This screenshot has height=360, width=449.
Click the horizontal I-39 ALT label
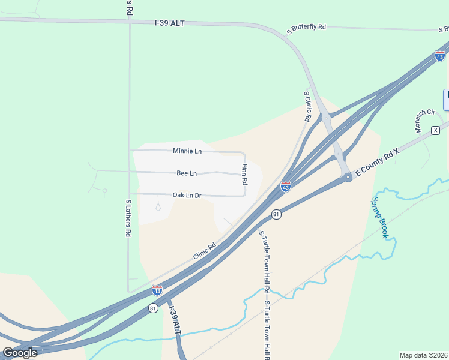[169, 23]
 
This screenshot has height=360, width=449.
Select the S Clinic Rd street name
[307, 106]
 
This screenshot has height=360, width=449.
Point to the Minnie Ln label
[187, 151]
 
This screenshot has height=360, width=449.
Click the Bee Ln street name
[187, 173]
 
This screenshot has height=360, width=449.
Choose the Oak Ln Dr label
[187, 195]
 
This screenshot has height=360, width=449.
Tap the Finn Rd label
[244, 174]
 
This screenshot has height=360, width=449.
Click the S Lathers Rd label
[128, 218]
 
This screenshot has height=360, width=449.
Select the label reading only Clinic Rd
[204, 251]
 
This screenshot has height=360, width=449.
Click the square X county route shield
[436, 130]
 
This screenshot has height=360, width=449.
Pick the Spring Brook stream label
[380, 217]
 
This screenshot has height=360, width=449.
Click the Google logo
[20, 352]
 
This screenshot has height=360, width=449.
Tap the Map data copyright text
[424, 355]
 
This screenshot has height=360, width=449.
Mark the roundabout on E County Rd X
[348, 177]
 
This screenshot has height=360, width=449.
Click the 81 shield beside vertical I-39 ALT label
[153, 308]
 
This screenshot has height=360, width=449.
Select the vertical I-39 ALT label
[175, 320]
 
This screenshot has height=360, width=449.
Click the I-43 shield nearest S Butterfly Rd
[440, 56]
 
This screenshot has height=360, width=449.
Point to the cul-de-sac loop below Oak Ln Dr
[158, 208]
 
